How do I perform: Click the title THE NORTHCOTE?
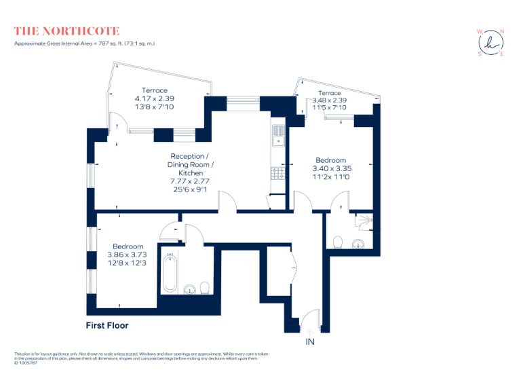[66, 31]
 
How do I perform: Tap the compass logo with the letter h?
[490, 42]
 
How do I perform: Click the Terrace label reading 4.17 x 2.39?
[155, 98]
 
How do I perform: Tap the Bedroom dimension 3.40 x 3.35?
[330, 168]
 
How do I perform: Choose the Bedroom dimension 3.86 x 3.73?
[128, 255]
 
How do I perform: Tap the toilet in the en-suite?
[337, 242]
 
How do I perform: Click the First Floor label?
[107, 325]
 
